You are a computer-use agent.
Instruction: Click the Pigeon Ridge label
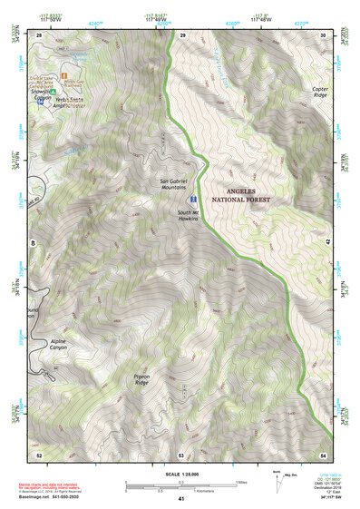[x=136, y=359]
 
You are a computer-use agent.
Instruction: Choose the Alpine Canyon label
[x=57, y=345]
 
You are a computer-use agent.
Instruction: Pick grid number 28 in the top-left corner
[x=39, y=34]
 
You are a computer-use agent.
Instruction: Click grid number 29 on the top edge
[x=182, y=34]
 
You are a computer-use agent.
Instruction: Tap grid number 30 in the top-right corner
[x=324, y=34]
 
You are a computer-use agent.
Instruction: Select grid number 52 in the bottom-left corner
[x=39, y=454]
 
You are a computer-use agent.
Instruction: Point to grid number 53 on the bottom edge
[x=181, y=454]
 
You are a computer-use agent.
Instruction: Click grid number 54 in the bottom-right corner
[x=324, y=454]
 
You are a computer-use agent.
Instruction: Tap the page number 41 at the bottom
[x=181, y=499]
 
